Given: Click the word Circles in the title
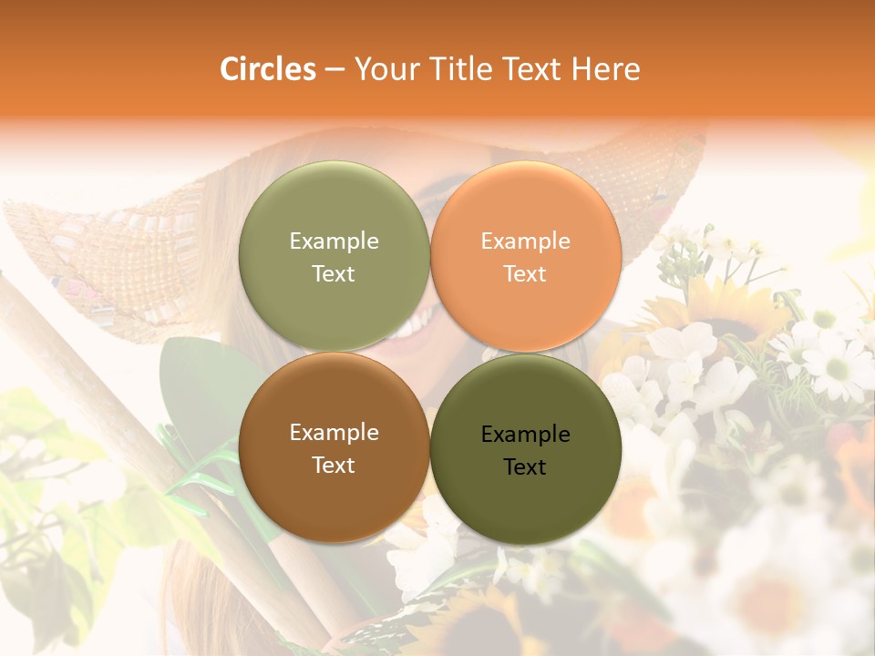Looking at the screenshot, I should point(267,69).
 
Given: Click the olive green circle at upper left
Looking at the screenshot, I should point(334,210).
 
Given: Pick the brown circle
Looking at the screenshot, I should point(334,492).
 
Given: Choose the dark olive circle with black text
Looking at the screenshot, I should point(525,497).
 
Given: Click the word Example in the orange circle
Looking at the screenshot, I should point(525,241).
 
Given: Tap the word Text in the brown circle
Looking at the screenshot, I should point(334,465).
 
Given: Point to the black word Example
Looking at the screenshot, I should point(525,434).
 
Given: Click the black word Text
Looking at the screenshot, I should point(525,466).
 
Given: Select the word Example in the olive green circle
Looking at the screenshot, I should point(334,241).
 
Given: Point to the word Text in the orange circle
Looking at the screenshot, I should point(525,273).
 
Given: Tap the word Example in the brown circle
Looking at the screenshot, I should point(334,432).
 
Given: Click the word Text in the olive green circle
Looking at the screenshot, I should point(334,273).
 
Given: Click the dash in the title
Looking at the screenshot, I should point(335,70).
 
